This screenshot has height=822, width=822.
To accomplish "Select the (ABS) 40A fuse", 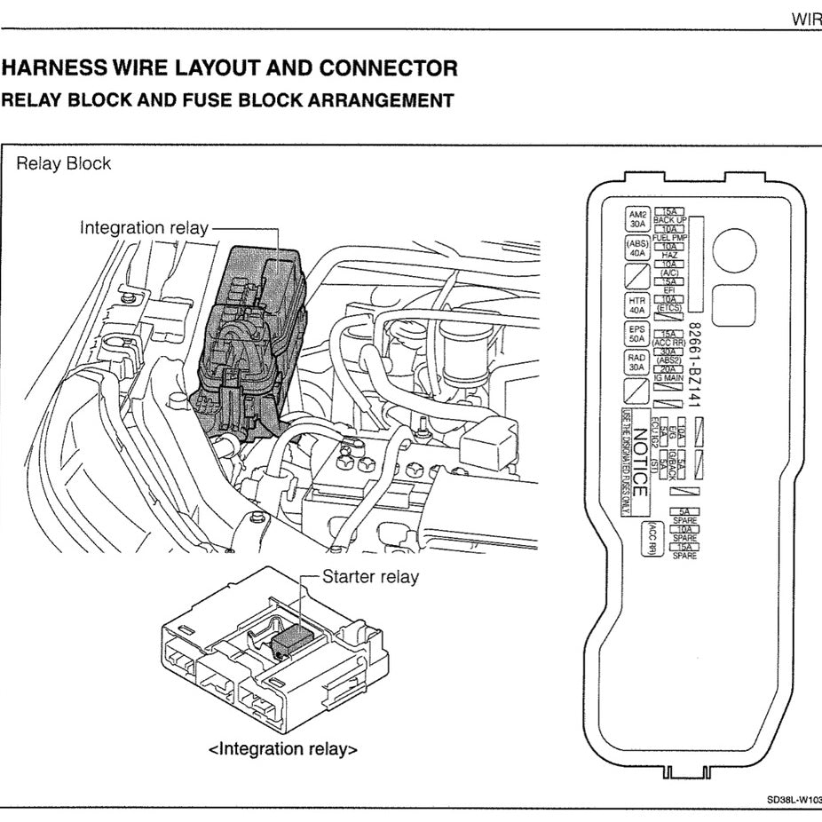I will coord(637,248).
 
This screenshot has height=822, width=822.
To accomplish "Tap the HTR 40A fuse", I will coord(637,305).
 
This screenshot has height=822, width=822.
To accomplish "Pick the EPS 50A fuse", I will coord(637,334).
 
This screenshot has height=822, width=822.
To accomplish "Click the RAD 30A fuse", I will coord(637,362).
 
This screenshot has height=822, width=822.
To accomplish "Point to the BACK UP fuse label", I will coord(670,219).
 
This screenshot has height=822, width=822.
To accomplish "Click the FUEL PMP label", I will coord(670,238).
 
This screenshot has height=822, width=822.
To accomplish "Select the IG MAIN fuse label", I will coord(670,379).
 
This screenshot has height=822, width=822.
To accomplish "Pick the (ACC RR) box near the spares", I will coord(652,536).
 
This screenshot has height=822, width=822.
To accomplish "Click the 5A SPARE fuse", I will coord(684,516).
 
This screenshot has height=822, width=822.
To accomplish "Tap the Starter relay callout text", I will coord(370,577).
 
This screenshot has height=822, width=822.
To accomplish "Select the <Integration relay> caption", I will coord(283,749).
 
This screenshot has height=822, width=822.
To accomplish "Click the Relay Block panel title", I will coord(64,163).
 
